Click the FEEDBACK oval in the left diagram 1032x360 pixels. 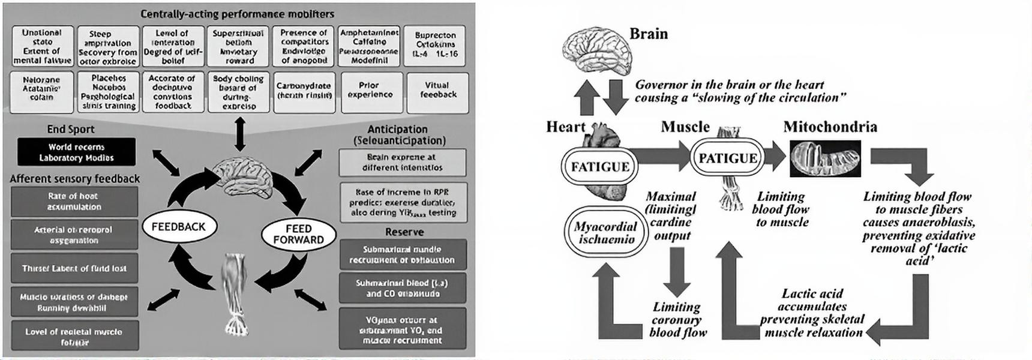(x=178, y=227)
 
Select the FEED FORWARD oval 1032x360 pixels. (x=298, y=234)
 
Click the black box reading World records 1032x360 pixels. (x=76, y=152)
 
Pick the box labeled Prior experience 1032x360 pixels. (x=370, y=91)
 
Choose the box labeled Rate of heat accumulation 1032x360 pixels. (x=74, y=202)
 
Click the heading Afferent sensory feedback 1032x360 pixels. (x=74, y=179)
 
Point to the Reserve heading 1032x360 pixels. (x=404, y=232)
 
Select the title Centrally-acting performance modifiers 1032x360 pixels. (x=237, y=13)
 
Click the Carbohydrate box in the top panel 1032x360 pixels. (x=304, y=91)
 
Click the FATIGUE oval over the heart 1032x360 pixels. (x=600, y=166)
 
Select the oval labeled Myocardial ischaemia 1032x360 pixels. (x=606, y=233)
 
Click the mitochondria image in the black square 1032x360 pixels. (x=825, y=158)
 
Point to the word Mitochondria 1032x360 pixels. (x=830, y=127)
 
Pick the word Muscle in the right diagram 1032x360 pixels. (x=685, y=127)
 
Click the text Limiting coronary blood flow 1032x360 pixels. (x=677, y=319)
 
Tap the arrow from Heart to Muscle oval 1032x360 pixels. (x=660, y=157)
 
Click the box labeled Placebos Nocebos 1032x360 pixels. (x=109, y=92)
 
